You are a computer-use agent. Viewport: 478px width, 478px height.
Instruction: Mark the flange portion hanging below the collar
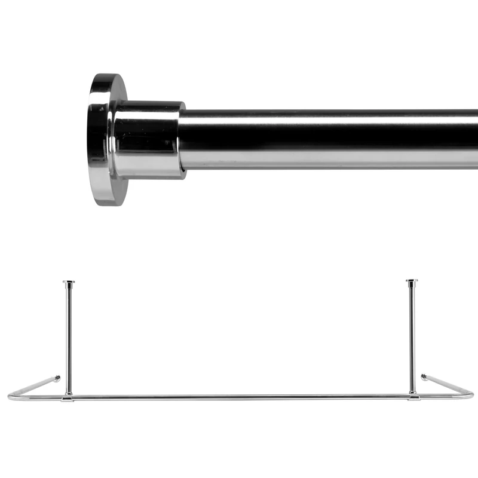[111, 191]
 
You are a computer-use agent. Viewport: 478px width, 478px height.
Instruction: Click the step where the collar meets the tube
[183, 140]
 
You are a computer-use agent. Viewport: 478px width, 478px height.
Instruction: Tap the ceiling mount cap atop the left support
[69, 282]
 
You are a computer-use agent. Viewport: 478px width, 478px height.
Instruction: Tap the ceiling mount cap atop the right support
[412, 281]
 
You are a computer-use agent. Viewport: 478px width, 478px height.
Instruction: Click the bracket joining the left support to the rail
[68, 396]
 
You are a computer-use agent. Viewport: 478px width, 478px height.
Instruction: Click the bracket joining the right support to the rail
[412, 396]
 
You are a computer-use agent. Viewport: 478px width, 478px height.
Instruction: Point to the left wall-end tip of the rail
[58, 378]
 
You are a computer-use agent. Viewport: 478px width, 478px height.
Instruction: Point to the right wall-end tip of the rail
[424, 377]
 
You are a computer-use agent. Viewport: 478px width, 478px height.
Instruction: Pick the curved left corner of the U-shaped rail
[12, 396]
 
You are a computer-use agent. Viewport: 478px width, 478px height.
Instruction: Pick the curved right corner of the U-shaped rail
[470, 394]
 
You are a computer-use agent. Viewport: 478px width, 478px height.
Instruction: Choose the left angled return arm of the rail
[36, 386]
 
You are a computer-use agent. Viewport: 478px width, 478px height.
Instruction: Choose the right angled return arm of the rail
[447, 385]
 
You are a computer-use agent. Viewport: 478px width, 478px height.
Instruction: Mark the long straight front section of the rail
[239, 397]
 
